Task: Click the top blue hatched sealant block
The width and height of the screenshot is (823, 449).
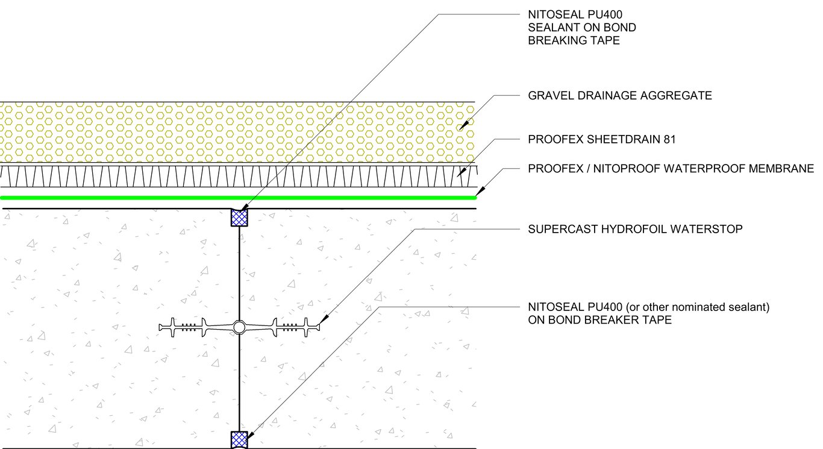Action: click(x=239, y=217)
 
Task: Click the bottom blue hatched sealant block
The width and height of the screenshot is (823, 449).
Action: click(x=239, y=439)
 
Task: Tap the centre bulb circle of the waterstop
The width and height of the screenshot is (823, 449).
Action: click(x=239, y=327)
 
